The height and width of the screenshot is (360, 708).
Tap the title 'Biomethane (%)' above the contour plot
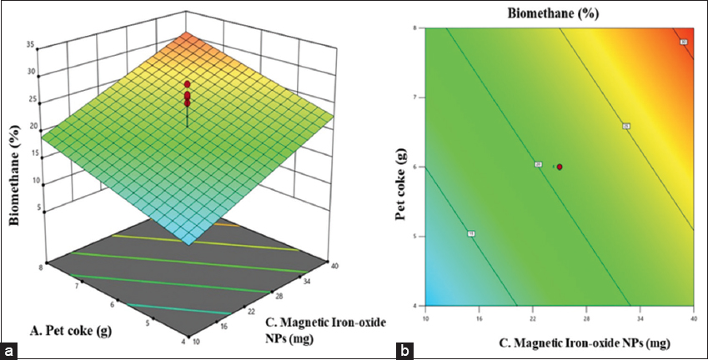558,12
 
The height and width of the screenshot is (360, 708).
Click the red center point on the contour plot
560,167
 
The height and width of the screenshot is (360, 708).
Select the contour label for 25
625,127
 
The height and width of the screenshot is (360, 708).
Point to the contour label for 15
471,234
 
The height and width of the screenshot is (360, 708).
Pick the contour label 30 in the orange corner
683,42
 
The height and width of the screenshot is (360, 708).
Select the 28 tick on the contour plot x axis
587,317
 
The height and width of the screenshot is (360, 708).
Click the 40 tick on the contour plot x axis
693,317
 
